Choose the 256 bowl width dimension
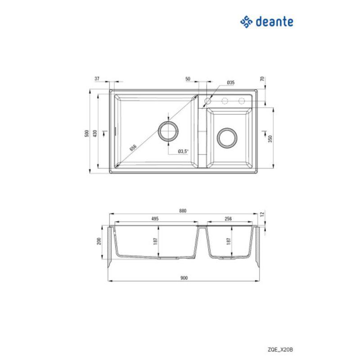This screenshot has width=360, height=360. coord(228,219)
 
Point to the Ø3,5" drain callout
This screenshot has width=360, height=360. coord(183,151)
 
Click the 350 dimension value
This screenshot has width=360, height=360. coord(270,138)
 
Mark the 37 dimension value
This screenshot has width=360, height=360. coord(97,78)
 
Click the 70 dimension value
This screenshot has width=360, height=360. coord(262,79)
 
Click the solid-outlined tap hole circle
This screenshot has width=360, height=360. coord(208,100)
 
